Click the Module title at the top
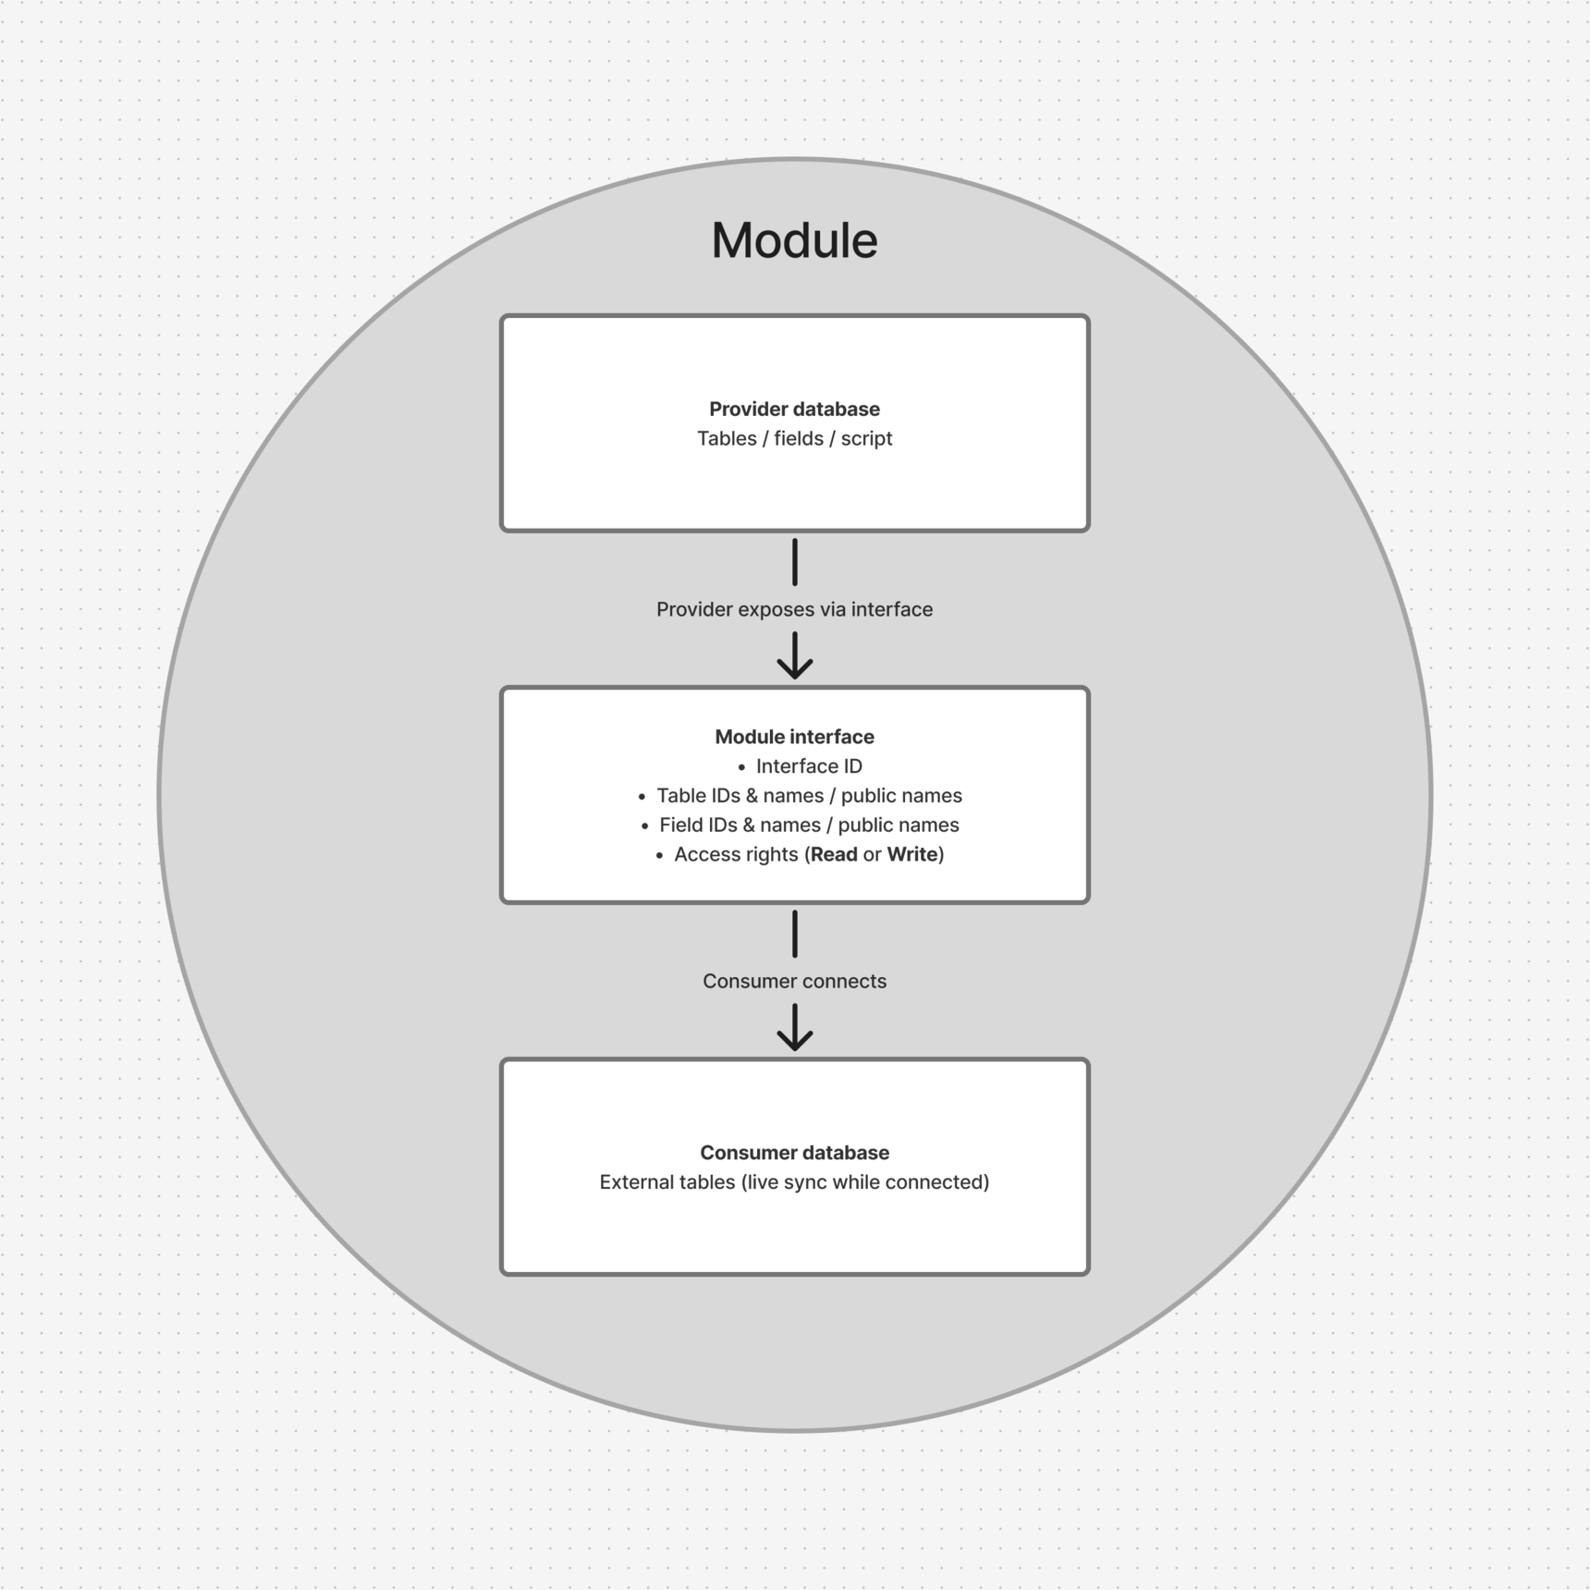(x=794, y=240)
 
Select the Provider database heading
(x=794, y=409)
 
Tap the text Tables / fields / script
(x=794, y=438)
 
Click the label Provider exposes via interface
(x=794, y=609)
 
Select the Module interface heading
(x=794, y=737)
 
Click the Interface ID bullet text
(x=809, y=766)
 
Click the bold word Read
(x=834, y=854)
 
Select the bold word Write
(x=912, y=854)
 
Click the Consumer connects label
(x=794, y=981)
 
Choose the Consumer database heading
(x=794, y=1153)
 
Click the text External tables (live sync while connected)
(x=794, y=1182)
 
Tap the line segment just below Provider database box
(x=795, y=562)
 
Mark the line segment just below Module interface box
(x=795, y=934)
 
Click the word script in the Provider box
(x=866, y=438)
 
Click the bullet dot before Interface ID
(x=741, y=767)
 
